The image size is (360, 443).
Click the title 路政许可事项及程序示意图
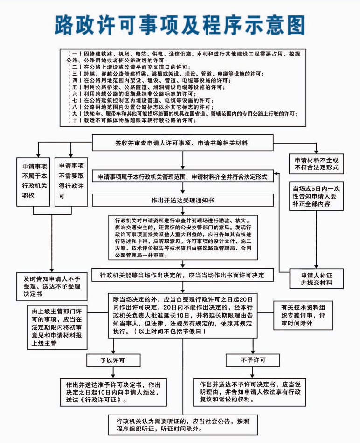[x=180, y=24]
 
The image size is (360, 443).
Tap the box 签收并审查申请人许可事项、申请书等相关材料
[x=182, y=142]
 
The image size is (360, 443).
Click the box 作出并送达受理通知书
[x=182, y=200]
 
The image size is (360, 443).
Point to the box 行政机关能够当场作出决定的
[x=182, y=276]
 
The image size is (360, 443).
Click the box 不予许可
[x=253, y=360]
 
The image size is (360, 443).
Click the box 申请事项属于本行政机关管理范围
[x=182, y=177]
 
